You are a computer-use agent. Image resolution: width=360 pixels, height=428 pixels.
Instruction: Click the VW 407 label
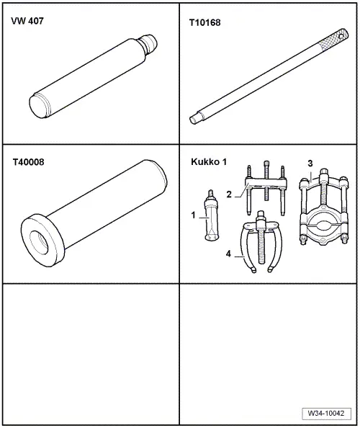(27, 21)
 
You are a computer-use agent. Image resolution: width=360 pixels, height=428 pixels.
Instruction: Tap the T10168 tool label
(204, 22)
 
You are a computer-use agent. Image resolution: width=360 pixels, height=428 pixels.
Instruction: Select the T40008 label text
(28, 162)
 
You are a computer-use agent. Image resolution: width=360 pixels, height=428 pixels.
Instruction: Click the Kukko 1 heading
(209, 162)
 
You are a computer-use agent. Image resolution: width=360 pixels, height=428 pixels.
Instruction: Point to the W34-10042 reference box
(326, 413)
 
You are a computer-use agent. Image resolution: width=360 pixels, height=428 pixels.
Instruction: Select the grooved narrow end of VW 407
(149, 44)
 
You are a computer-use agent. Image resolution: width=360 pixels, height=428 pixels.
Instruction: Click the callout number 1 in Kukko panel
(194, 215)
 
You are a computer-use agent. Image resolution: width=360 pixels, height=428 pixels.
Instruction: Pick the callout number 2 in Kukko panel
(229, 195)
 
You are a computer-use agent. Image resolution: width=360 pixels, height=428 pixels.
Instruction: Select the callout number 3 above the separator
(310, 164)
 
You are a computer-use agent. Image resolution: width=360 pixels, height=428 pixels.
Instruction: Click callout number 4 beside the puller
(228, 254)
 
